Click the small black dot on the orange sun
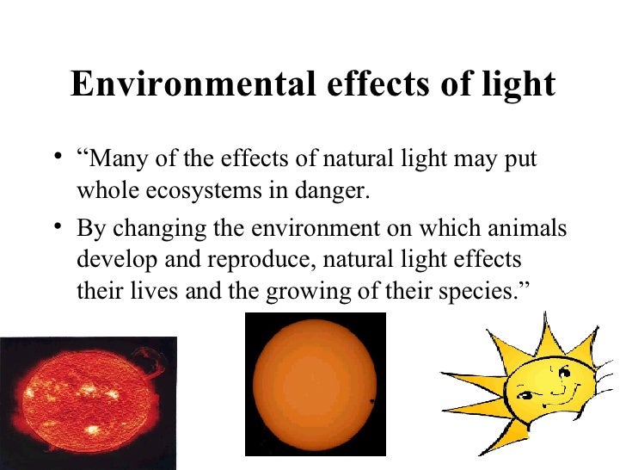point(371,402)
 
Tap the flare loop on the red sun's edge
point(157,362)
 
